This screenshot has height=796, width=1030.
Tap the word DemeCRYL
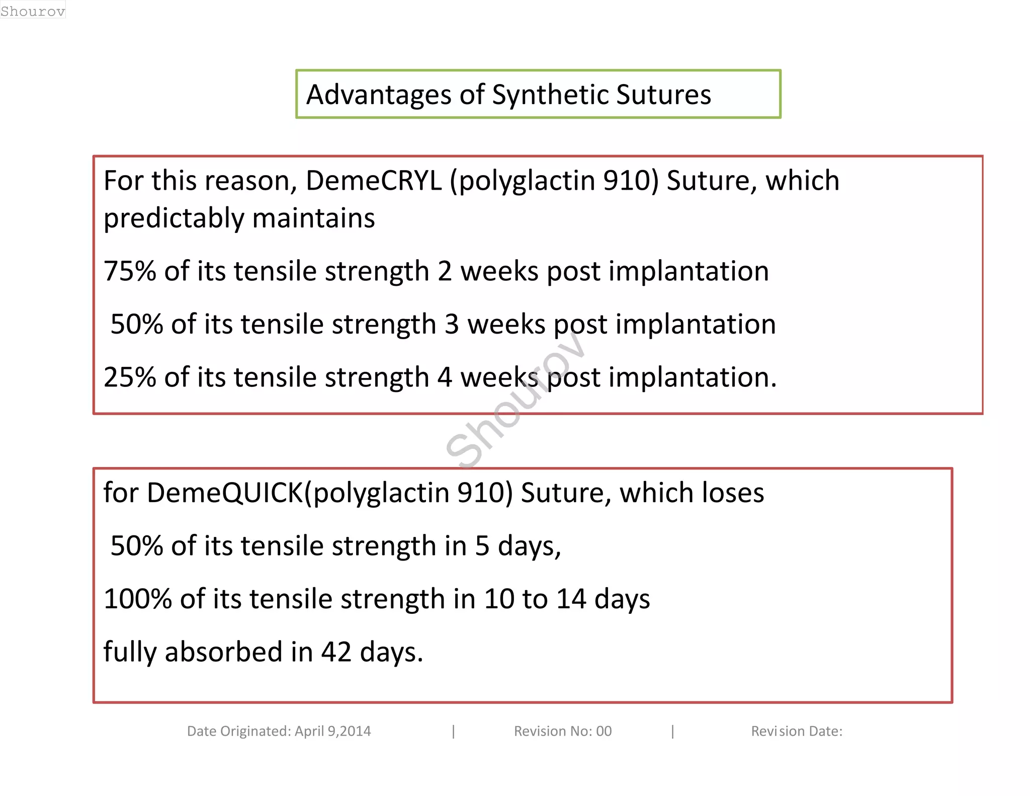click(x=374, y=181)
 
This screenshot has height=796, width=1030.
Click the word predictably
click(x=174, y=218)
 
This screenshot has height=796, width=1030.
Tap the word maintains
click(x=313, y=218)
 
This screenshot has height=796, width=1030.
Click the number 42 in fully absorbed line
click(x=336, y=652)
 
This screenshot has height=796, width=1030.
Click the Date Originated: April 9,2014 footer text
click(x=279, y=731)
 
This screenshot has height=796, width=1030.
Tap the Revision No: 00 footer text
click(x=562, y=731)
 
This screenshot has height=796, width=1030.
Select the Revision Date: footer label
click(x=796, y=731)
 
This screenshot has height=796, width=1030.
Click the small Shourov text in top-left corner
click(x=33, y=11)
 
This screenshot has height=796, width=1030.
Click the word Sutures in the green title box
click(x=663, y=95)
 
